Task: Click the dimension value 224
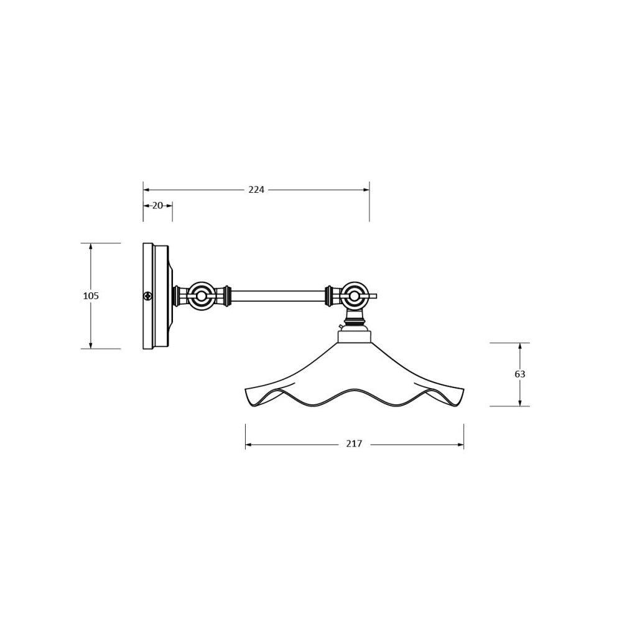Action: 256,190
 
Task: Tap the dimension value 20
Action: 157,205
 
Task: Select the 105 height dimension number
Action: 91,295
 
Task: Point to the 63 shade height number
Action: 519,374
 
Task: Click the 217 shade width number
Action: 354,443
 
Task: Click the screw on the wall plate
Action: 148,295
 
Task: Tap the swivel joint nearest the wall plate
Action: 202,296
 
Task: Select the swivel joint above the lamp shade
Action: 354,296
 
